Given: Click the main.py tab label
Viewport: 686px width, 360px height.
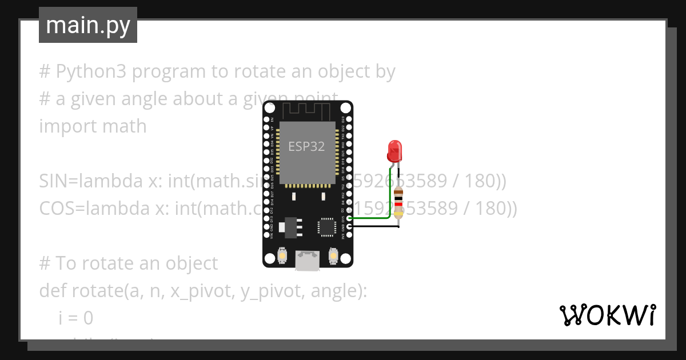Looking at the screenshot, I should click(x=87, y=25).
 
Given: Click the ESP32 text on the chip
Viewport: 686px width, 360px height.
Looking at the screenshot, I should click(x=306, y=146).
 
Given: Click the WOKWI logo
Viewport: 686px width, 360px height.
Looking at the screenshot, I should click(x=607, y=314).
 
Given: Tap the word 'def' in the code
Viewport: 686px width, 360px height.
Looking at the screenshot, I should click(x=53, y=291).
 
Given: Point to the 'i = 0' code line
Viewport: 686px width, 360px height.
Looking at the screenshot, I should click(x=75, y=318).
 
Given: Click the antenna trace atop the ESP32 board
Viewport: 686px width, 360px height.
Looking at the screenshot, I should click(x=308, y=110).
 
